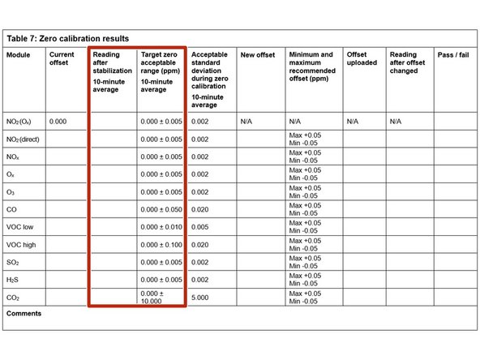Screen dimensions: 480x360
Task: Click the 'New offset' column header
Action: [259, 55]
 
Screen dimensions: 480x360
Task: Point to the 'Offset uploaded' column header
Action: [362, 60]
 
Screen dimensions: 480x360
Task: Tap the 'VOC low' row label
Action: [20, 226]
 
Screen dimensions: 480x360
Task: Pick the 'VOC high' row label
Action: [22, 244]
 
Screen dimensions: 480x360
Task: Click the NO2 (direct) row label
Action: [24, 139]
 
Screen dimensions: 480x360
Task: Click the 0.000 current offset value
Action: [58, 122]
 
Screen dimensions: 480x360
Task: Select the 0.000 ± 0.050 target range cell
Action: [160, 209]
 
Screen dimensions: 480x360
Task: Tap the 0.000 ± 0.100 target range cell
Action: [160, 244]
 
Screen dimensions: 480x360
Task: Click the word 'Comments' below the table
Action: [24, 313]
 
